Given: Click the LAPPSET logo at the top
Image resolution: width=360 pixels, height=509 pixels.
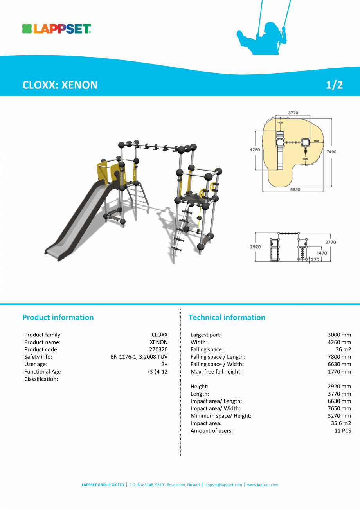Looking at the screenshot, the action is point(57,29).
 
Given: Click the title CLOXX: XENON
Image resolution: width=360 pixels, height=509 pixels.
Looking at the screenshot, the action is point(60,85).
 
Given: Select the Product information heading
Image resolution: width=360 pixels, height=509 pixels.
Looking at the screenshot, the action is point(58,317).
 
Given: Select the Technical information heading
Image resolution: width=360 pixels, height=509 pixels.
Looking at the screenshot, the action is point(227,317).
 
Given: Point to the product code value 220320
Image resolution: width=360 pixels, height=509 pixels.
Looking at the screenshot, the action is point(158,349).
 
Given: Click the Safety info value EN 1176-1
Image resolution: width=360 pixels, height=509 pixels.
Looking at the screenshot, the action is point(139,357).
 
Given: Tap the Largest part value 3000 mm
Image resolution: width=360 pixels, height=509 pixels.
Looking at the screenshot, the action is point(339,335).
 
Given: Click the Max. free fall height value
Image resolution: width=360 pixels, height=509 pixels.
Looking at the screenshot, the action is point(339,372).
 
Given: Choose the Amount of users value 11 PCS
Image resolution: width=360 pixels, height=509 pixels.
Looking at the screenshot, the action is point(342,431).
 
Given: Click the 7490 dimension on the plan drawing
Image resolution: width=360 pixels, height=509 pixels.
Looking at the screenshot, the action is point(331,152).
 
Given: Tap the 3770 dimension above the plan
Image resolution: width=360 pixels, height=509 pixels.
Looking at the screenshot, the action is point(293,113).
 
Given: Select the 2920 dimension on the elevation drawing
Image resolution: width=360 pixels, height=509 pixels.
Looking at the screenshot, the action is point(255,247).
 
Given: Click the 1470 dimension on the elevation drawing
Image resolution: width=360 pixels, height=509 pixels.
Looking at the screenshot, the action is point(322,253).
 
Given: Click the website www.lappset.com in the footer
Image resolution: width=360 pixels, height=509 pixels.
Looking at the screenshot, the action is point(263,485).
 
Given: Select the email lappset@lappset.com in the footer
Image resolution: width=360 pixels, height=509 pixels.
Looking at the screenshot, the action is point(223,485).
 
